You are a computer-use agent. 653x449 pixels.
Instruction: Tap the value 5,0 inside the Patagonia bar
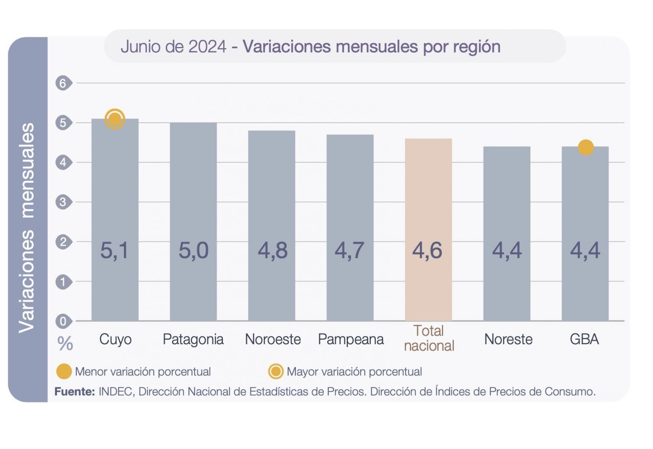click(193, 250)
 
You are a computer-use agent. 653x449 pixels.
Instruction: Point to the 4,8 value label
click(272, 250)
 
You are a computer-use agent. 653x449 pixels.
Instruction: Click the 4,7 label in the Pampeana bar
click(350, 250)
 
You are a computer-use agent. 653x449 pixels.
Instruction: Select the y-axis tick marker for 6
click(63, 83)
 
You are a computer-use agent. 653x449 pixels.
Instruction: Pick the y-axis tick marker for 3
click(63, 202)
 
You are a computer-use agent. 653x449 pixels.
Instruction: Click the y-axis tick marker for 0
click(63, 321)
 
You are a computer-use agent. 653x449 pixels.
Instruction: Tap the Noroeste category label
click(273, 339)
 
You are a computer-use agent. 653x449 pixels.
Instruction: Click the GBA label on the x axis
click(584, 339)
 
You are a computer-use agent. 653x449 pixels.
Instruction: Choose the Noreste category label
click(508, 339)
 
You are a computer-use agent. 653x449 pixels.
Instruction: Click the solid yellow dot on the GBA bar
click(585, 147)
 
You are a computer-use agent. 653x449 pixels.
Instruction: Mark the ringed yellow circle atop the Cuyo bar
click(115, 119)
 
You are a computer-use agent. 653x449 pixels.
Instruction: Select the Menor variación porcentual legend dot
click(64, 371)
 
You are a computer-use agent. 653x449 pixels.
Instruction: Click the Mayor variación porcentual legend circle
click(276, 371)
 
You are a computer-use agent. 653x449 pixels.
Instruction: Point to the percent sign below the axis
click(65, 344)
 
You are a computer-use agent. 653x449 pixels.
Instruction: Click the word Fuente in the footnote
click(75, 392)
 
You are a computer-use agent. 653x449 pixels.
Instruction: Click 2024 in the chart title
click(207, 47)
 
